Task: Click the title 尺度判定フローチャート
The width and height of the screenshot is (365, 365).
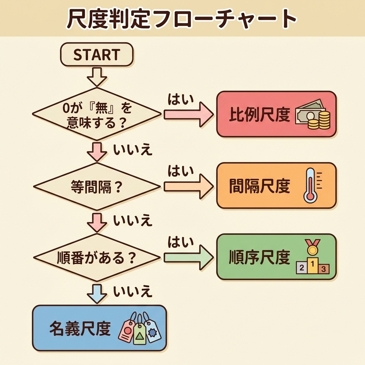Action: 182,19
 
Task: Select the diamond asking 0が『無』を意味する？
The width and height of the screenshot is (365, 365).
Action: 97,114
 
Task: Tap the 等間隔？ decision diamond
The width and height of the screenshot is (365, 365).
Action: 97,187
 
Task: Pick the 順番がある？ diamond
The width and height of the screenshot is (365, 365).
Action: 97,257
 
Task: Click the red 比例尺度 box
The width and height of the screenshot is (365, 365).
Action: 276,114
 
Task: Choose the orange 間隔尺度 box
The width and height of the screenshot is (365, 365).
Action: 276,185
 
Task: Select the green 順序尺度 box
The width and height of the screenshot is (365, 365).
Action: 276,257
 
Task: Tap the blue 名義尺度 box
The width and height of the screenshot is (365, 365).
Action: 99,328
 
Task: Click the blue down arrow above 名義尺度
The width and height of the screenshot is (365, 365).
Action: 97,293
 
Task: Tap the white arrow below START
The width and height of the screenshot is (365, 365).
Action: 97,76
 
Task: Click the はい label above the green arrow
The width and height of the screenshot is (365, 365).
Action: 180,242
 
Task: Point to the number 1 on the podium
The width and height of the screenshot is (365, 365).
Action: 313,265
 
